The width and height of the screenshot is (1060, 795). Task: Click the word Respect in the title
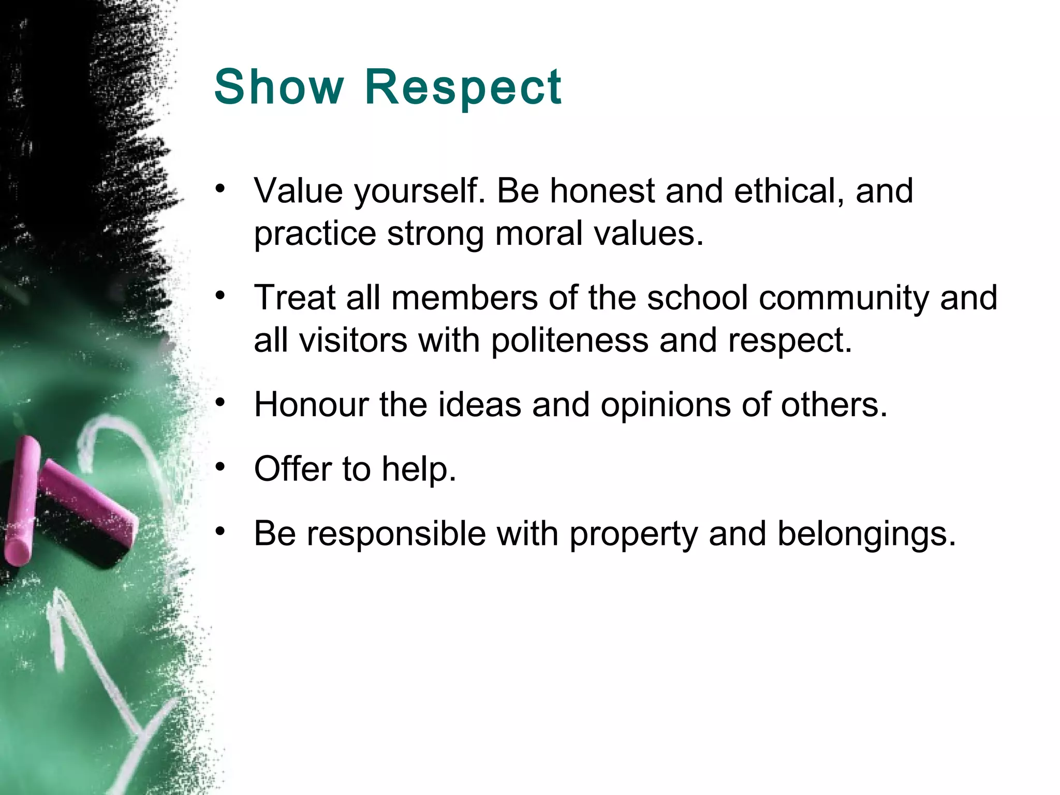[463, 86]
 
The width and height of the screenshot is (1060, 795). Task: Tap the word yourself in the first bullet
[419, 192]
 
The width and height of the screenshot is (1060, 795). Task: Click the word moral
[538, 233]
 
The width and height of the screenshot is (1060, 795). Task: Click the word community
[844, 299]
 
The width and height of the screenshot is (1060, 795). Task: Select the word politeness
[569, 341]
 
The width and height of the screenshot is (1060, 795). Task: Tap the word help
[419, 469]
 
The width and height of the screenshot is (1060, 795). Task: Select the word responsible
[396, 534]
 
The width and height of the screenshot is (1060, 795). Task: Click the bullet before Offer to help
[221, 467]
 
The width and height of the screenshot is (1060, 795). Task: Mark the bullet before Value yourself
[221, 189]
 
